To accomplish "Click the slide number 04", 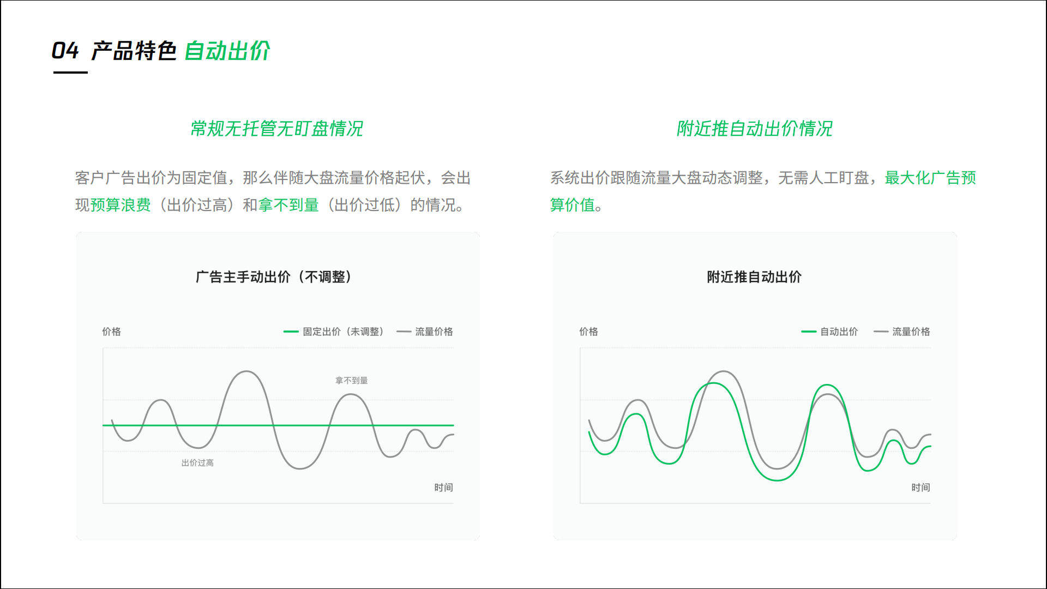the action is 65,51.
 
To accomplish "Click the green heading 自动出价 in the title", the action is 227,51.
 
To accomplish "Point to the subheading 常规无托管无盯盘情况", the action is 276,129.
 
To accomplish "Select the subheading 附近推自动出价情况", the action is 755,129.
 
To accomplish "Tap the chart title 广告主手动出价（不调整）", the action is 274,277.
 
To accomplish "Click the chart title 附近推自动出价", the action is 754,277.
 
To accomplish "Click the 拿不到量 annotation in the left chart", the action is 352,380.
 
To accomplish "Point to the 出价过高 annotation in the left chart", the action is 197,462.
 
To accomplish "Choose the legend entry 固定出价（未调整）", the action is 334,332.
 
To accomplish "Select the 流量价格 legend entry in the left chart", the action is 425,332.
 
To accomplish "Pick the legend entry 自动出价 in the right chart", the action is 829,332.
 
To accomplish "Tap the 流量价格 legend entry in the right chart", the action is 902,332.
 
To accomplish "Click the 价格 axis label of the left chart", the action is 111,332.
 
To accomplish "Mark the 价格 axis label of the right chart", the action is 588,332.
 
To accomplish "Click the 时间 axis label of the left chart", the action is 443,488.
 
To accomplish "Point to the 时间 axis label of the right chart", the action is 920,488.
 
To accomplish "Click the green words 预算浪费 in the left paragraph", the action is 121,205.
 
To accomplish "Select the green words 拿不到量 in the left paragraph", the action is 288,205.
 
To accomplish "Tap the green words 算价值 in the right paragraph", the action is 572,205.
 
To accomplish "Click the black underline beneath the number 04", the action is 70,72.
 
